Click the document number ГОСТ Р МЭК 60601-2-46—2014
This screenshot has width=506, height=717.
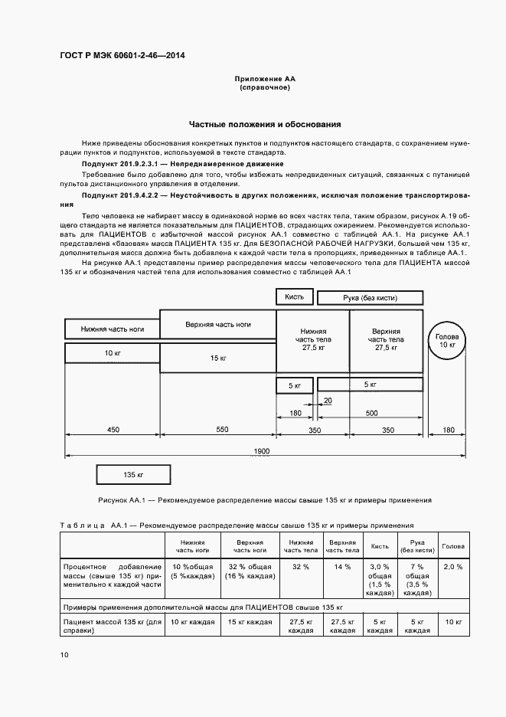pyautogui.click(x=122, y=56)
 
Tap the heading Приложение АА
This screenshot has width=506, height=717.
pyautogui.click(x=264, y=79)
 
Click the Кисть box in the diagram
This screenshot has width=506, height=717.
pyautogui.click(x=294, y=297)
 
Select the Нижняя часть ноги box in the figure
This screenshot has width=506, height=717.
pyautogui.click(x=112, y=329)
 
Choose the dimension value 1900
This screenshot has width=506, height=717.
pyautogui.click(x=261, y=452)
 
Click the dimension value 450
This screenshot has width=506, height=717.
pyautogui.click(x=113, y=431)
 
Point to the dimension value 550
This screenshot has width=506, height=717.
pyautogui.click(x=222, y=431)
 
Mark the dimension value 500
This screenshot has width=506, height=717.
pyautogui.click(x=372, y=414)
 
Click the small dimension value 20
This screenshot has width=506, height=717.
pyautogui.click(x=328, y=401)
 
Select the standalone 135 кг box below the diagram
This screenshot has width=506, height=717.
pyautogui.click(x=133, y=475)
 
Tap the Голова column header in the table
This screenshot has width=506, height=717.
pyautogui.click(x=452, y=546)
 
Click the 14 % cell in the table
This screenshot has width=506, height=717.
pyautogui.click(x=342, y=566)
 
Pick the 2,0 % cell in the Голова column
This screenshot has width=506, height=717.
pyautogui.click(x=452, y=566)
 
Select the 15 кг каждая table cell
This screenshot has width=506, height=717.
pyautogui.click(x=250, y=622)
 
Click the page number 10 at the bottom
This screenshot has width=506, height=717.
pyautogui.click(x=64, y=655)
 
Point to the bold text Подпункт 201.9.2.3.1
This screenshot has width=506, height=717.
pyautogui.click(x=119, y=164)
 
